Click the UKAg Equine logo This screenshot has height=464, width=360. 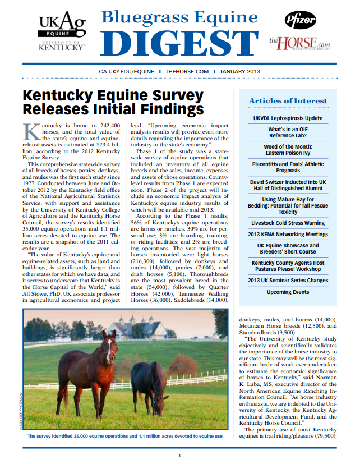(x=62, y=31)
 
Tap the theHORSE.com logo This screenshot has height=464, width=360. (x=299, y=43)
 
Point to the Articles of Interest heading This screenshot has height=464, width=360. (x=288, y=101)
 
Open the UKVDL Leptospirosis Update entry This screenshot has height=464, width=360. (x=288, y=118)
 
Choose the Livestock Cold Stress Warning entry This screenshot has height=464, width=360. (x=288, y=223)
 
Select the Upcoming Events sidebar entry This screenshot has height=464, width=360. (x=288, y=292)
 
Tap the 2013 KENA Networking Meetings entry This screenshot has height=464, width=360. (x=288, y=234)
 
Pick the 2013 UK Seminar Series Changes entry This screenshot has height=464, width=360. (x=288, y=280)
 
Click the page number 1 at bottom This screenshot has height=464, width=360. (x=179, y=456)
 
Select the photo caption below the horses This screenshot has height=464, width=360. (x=126, y=436)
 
